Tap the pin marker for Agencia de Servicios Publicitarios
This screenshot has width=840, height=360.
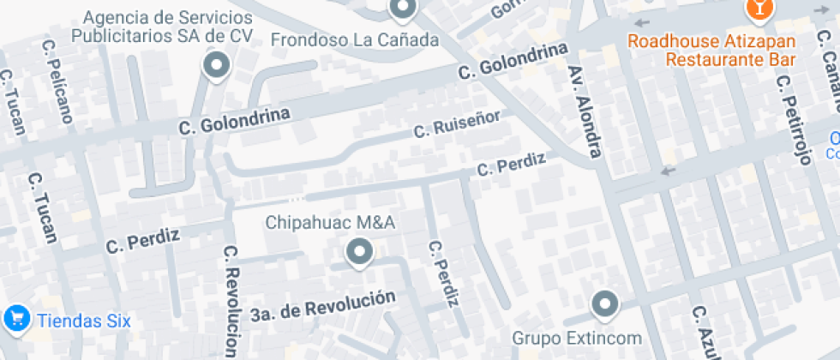(216, 65)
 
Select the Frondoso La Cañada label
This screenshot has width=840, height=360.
(355, 40)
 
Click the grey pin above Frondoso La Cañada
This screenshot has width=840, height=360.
(401, 9)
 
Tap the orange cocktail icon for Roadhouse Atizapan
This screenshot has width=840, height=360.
(758, 9)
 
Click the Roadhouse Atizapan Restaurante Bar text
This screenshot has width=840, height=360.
(711, 51)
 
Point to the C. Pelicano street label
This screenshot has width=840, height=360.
(57, 78)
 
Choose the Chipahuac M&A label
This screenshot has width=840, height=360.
(329, 223)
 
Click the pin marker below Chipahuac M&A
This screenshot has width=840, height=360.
(358, 253)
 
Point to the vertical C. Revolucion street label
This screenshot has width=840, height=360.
(230, 301)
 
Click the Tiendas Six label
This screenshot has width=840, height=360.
(82, 321)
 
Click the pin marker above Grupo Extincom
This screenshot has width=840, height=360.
(605, 304)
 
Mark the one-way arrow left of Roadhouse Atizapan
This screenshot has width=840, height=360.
(639, 24)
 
